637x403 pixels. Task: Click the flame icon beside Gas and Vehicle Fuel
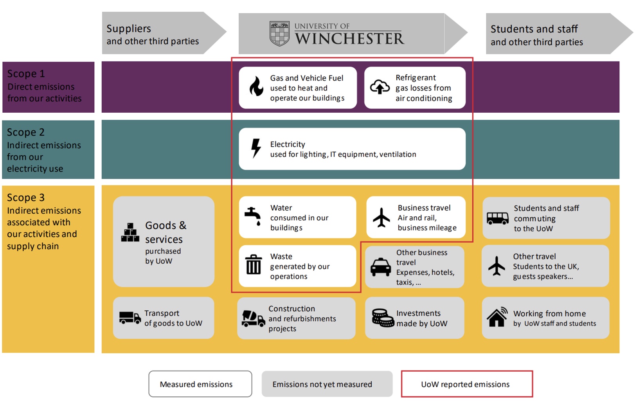[x=256, y=86]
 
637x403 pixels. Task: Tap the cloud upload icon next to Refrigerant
[x=380, y=87]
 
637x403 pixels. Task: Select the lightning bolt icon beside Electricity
[x=256, y=148]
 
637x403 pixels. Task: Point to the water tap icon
[x=253, y=216]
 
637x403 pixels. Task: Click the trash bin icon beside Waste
[x=254, y=264]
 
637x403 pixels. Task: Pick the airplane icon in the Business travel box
[x=381, y=218]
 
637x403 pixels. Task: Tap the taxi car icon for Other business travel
[x=380, y=267]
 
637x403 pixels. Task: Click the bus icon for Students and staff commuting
[x=497, y=218]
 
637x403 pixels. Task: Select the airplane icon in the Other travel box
[x=497, y=266]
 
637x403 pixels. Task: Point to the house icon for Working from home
[x=497, y=317]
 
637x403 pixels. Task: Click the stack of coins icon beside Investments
[x=383, y=318]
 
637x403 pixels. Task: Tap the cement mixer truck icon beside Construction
[x=253, y=318]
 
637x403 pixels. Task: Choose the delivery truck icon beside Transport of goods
[x=130, y=317]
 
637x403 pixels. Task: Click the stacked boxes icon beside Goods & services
[x=130, y=233]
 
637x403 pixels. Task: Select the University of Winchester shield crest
[x=279, y=34]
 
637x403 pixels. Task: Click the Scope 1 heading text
[x=26, y=74]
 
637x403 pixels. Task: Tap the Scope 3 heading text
[x=26, y=198]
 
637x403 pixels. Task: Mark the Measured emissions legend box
[x=200, y=384]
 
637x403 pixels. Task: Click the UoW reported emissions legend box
[x=466, y=384]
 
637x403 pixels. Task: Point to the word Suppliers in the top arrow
[x=128, y=29]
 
